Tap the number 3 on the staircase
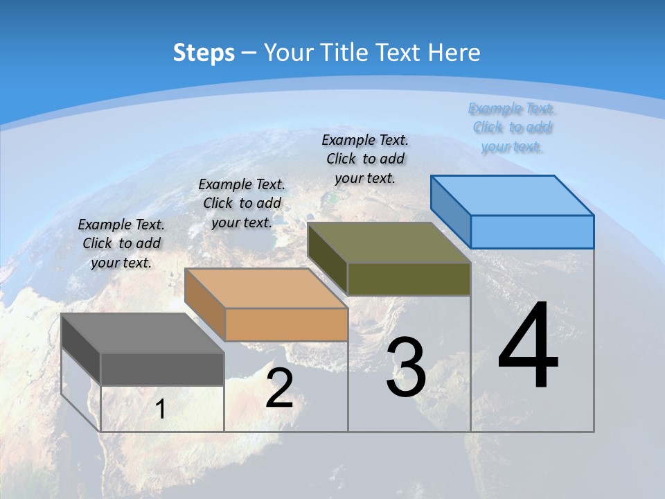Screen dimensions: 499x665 [x=406, y=367]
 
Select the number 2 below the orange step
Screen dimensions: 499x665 [x=279, y=388]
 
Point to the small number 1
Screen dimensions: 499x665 [x=161, y=410]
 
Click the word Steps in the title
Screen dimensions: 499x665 [x=204, y=53]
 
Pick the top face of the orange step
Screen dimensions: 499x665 [x=266, y=288]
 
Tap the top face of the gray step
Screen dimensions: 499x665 [x=143, y=333]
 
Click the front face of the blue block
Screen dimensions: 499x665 [x=532, y=231]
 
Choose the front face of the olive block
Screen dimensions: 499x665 [x=409, y=279]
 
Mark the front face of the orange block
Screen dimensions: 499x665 [x=286, y=324]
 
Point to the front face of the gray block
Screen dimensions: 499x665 [x=162, y=369]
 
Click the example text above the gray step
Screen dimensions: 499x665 [x=121, y=243]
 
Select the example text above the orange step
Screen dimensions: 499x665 [x=242, y=203]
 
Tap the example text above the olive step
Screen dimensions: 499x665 [x=365, y=159]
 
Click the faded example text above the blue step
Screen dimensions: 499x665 [x=512, y=127]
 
